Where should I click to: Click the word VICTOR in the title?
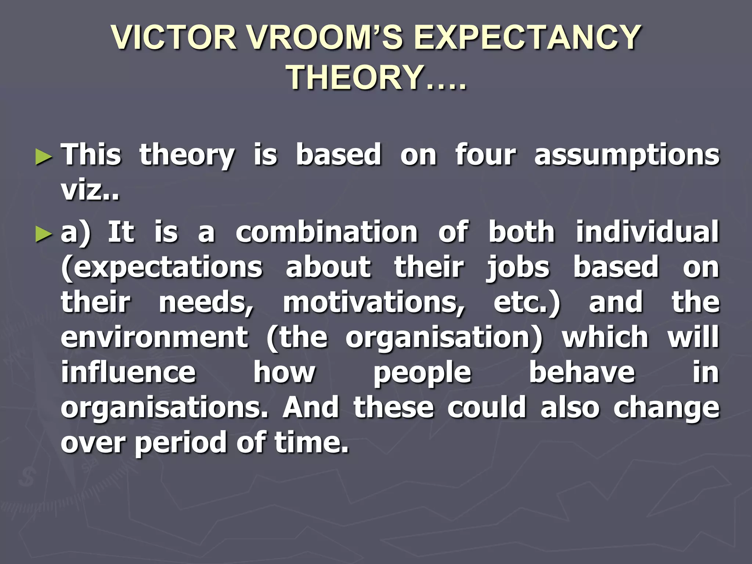[175, 37]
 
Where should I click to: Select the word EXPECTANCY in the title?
[528, 37]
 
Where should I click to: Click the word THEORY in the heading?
[355, 78]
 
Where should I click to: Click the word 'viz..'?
[90, 190]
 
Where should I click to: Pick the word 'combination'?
[326, 233]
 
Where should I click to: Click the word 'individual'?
[647, 233]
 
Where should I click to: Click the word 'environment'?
[155, 338]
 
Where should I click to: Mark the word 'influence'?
[129, 373]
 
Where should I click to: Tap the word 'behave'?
[582, 373]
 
